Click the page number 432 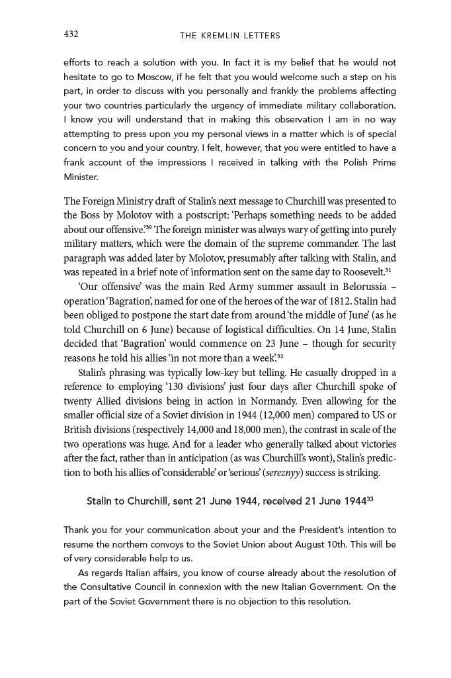[x=71, y=34]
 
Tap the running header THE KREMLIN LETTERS [x=229, y=35]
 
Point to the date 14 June [x=348, y=329]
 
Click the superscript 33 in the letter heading [x=370, y=499]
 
